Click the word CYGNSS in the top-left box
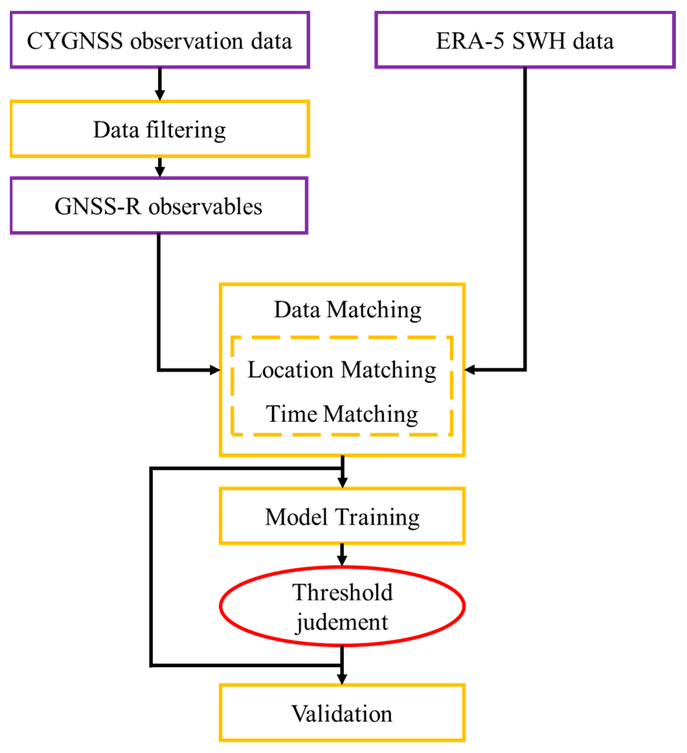pyautogui.click(x=75, y=41)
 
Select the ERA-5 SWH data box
pyautogui.click(x=525, y=40)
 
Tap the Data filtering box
pyautogui.click(x=160, y=129)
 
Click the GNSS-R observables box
pyautogui.click(x=159, y=206)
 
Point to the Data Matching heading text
pyautogui.click(x=348, y=310)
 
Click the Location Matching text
pyautogui.click(x=342, y=370)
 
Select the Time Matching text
pyautogui.click(x=342, y=414)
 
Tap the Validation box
pyautogui.click(x=342, y=714)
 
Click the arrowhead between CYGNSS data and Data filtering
pyautogui.click(x=160, y=95)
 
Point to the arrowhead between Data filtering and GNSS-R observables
pyautogui.click(x=160, y=172)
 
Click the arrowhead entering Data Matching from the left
pyautogui.click(x=215, y=370)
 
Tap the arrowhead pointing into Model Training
pyautogui.click(x=342, y=482)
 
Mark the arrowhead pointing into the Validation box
pyautogui.click(x=342, y=679)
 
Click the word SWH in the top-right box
pyautogui.click(x=539, y=41)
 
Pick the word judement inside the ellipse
pyautogui.click(x=342, y=623)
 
